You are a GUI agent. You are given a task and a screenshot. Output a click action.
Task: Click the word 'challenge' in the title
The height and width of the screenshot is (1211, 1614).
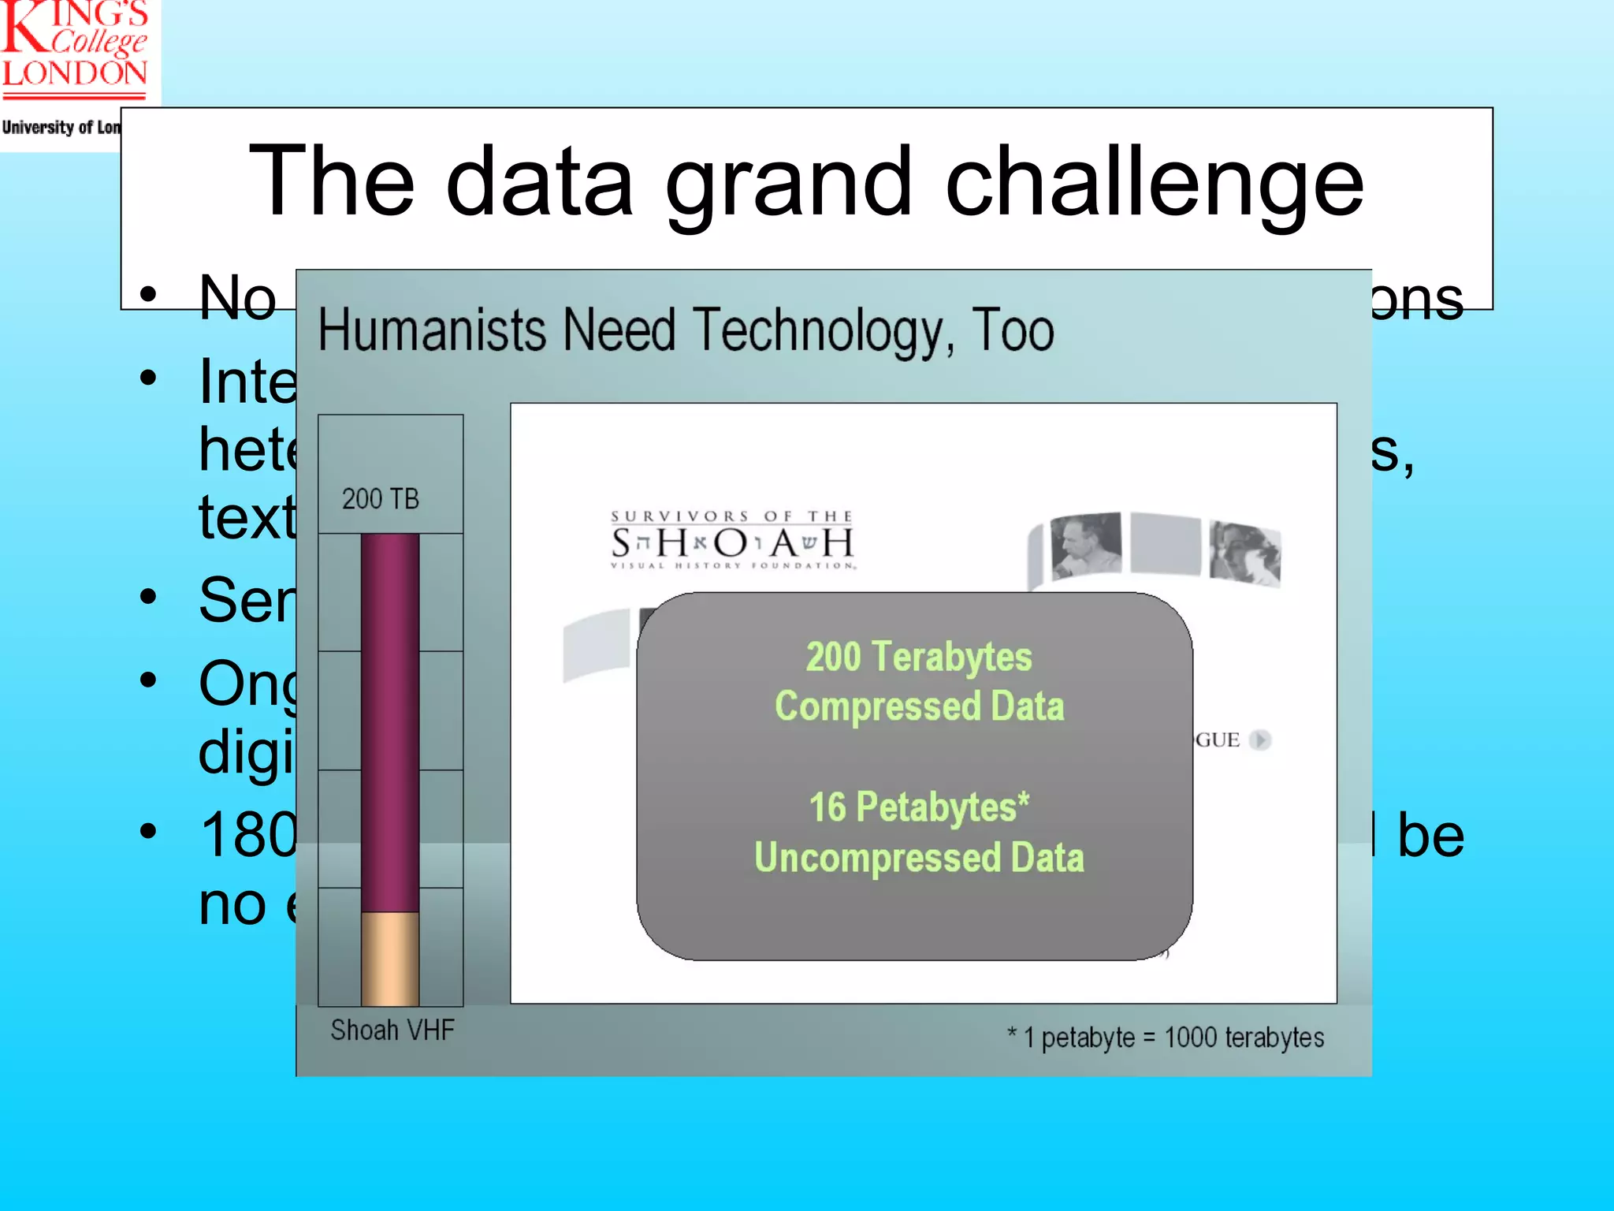click(1154, 183)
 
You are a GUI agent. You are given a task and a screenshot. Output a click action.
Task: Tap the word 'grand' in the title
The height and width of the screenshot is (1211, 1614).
click(788, 183)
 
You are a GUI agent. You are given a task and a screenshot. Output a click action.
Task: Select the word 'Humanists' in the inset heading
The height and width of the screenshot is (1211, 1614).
click(432, 330)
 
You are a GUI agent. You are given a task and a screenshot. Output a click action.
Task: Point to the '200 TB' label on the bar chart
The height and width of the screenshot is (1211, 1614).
click(381, 499)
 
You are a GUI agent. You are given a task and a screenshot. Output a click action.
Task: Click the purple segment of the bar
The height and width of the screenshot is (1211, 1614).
click(390, 721)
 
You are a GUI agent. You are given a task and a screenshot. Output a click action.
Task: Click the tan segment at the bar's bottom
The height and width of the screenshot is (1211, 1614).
click(390, 959)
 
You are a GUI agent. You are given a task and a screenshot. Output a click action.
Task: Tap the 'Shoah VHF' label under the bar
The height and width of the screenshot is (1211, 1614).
click(392, 1030)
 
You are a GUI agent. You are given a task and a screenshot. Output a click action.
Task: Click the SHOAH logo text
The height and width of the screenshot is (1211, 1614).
click(732, 542)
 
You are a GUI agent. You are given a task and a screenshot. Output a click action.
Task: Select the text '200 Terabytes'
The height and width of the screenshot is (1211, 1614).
click(919, 657)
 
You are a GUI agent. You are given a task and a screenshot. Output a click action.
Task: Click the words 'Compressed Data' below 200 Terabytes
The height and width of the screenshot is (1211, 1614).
click(919, 706)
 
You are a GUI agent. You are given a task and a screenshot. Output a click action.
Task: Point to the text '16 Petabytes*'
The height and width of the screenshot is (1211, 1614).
click(919, 807)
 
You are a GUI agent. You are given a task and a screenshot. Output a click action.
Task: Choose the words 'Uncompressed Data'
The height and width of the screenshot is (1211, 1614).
click(919, 858)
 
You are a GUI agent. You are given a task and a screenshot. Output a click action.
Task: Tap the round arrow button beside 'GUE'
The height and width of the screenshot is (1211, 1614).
click(1260, 740)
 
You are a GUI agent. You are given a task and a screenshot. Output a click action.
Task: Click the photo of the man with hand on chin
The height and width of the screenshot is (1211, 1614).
click(1086, 545)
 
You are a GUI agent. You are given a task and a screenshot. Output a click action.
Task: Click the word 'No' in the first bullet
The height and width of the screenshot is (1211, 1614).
click(237, 299)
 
